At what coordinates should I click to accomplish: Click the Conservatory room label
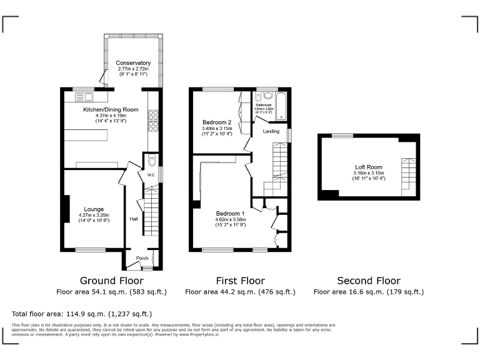[133, 63]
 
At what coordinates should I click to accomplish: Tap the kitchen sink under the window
[84, 97]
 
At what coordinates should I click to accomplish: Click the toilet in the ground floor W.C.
[152, 160]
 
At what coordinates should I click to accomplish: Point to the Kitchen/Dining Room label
[111, 109]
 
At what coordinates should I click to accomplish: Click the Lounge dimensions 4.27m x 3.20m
[85, 216]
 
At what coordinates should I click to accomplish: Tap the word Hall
[134, 219]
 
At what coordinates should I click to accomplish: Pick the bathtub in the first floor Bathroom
[281, 106]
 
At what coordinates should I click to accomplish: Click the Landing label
[271, 131]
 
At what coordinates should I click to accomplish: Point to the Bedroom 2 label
[217, 122]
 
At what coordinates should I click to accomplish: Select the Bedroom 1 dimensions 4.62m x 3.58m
[231, 220]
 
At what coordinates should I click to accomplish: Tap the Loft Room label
[368, 167]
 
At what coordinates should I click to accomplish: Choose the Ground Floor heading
[112, 281]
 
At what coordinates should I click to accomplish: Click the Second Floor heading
[368, 281]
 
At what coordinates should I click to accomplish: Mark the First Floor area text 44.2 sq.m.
[240, 291]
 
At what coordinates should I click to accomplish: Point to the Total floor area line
[82, 314]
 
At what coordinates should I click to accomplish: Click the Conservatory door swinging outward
[102, 77]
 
